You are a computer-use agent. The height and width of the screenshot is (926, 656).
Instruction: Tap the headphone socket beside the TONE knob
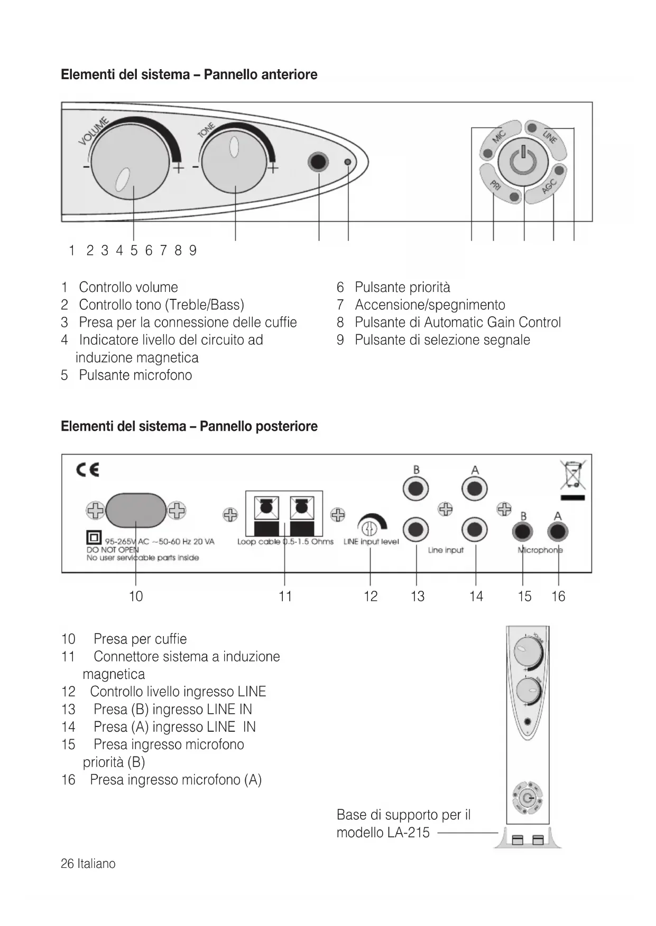click(x=318, y=162)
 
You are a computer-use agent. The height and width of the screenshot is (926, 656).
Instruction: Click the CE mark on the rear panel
click(x=88, y=470)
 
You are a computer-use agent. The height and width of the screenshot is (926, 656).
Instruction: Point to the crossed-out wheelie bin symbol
click(x=573, y=475)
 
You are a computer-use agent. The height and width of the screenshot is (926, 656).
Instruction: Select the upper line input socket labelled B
click(x=416, y=489)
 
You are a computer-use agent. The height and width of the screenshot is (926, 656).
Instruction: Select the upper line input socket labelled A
click(x=475, y=489)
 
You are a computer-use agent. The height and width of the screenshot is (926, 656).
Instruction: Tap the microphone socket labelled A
click(x=558, y=532)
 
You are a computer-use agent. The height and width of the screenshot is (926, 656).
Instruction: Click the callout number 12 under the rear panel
click(x=371, y=597)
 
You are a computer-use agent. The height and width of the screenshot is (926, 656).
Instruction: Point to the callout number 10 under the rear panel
click(x=136, y=597)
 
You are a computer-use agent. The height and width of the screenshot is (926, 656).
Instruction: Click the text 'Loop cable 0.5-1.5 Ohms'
click(x=285, y=542)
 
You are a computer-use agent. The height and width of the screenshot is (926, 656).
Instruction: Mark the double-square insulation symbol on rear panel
click(x=94, y=538)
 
